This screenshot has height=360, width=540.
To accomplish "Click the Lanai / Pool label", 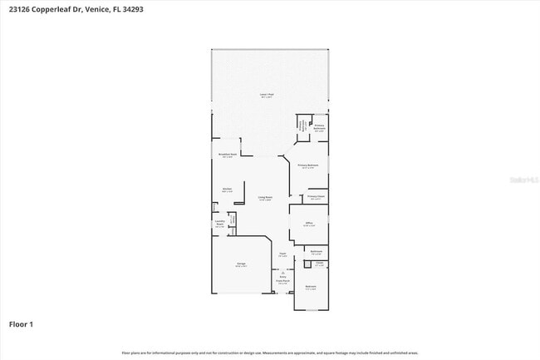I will [x=267, y=95].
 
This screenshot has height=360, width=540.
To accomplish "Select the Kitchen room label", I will [x=227, y=190].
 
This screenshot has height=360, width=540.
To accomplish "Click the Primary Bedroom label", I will [x=308, y=166].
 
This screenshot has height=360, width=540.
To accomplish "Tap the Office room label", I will [x=308, y=224].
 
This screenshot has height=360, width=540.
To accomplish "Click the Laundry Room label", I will [x=219, y=223].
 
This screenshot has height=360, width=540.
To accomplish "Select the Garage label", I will [x=240, y=265].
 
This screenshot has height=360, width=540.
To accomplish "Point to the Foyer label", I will [x=282, y=254].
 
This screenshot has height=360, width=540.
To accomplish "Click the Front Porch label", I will [x=282, y=282].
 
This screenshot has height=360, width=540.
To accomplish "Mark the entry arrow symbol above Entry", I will [x=282, y=272].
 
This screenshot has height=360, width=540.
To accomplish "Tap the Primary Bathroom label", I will [x=319, y=128].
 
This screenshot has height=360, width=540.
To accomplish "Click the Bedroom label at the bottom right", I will [x=310, y=288].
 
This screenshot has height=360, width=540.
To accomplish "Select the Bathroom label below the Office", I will [x=316, y=252].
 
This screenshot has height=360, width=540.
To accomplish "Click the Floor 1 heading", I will [x=21, y=323].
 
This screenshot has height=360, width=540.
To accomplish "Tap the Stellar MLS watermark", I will [x=523, y=179].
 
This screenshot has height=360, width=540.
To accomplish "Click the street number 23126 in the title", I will [x=20, y=9].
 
